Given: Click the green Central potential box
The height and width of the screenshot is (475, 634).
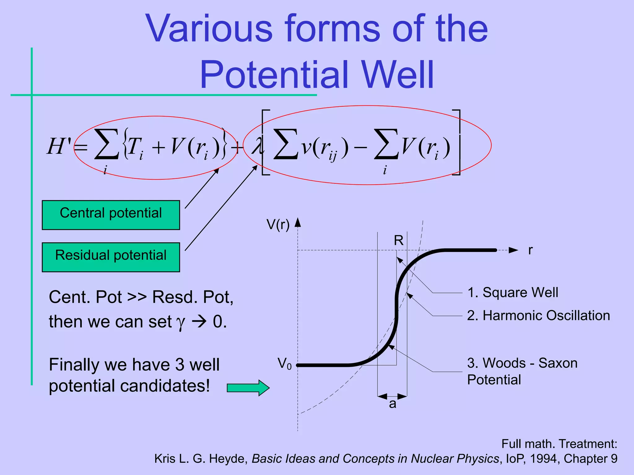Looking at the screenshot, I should tap(111, 215).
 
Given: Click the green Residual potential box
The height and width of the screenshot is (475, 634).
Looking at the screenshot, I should tap(111, 257).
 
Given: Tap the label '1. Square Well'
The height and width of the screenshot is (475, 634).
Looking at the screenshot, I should tap(513, 293).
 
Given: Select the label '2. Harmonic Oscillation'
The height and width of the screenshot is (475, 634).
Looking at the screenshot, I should tap(538, 316).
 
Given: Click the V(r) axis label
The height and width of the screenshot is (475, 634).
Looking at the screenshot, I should tap(278, 225).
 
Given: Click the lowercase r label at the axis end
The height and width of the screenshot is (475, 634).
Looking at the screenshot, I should tap(530, 250).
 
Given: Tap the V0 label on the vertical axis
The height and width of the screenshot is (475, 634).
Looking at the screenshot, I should tap(284, 364).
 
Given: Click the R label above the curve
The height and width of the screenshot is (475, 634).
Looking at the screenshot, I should tap(398, 241).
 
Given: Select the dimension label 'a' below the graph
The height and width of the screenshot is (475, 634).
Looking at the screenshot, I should tap(392, 404).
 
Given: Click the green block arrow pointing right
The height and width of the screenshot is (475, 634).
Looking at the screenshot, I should tap(248, 388).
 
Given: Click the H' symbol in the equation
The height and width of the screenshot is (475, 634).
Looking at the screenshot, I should tap(59, 146).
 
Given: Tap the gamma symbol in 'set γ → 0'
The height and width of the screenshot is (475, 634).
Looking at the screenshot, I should tap(180, 323).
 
